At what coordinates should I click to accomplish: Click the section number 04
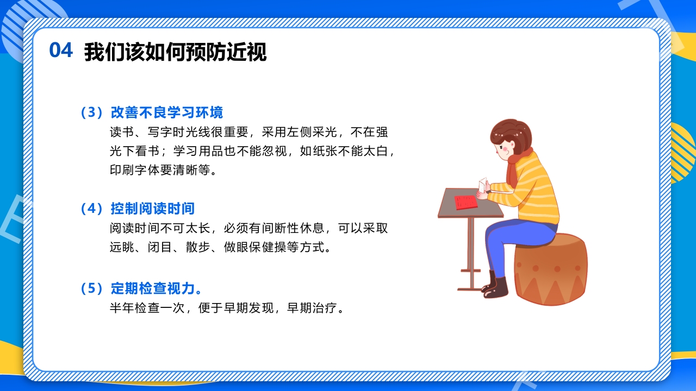[x=61, y=51]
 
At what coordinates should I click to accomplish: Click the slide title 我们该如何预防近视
[x=175, y=52]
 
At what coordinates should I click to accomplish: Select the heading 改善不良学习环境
[x=166, y=112]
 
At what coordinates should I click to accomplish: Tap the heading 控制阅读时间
[x=152, y=209]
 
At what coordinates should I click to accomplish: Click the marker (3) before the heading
[x=91, y=112]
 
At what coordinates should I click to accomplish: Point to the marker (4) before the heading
[x=91, y=209]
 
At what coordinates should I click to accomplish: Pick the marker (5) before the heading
[x=91, y=288]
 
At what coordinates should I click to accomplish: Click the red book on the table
[x=466, y=202]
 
